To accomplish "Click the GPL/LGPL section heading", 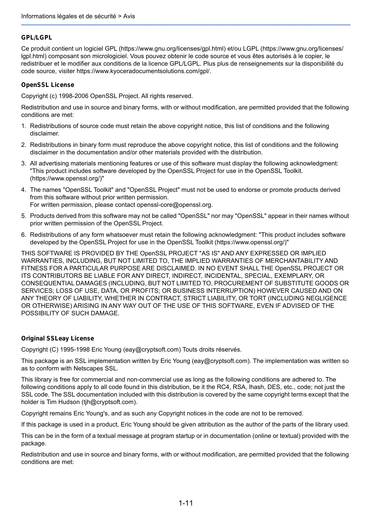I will pyautogui.click(x=37, y=37).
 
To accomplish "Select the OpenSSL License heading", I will pyautogui.click(x=48, y=85).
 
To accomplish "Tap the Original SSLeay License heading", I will pyautogui.click(x=58, y=338).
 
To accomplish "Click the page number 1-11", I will pyautogui.click(x=186, y=503).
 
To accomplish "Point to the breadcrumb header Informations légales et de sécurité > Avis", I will pyautogui.click(x=78, y=16).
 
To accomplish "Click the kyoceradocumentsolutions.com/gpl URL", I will pyautogui.click(x=144, y=71).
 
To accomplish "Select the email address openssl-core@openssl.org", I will pyautogui.click(x=174, y=205).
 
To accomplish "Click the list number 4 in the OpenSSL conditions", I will pyautogui.click(x=23, y=190).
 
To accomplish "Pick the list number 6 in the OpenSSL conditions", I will pyautogui.click(x=23, y=235).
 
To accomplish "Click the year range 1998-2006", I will pyautogui.click(x=73, y=96).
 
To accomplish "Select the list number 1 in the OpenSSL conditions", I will pyautogui.click(x=23, y=126).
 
